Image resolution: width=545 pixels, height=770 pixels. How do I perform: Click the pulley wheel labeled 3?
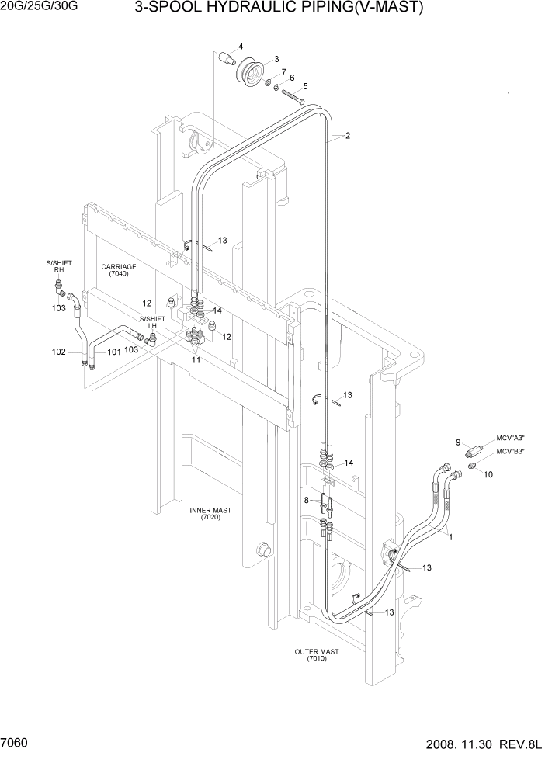click(250, 75)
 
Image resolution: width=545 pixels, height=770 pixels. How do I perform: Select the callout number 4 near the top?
click(241, 47)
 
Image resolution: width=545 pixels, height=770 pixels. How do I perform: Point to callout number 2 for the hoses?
click(348, 136)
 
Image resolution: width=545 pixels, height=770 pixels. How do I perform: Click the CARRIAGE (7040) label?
click(118, 270)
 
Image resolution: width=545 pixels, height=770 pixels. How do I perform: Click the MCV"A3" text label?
click(511, 439)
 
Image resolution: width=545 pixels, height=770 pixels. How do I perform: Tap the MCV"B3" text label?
click(511, 451)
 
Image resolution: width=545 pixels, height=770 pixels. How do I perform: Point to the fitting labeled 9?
click(473, 451)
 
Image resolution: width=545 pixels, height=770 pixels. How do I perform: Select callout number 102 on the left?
click(59, 352)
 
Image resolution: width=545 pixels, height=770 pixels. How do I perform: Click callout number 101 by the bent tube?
click(114, 352)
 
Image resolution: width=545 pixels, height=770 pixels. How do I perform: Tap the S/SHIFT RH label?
click(58, 267)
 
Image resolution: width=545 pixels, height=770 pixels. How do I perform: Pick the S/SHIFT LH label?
click(152, 323)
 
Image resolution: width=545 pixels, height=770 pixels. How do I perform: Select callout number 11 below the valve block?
click(196, 361)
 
